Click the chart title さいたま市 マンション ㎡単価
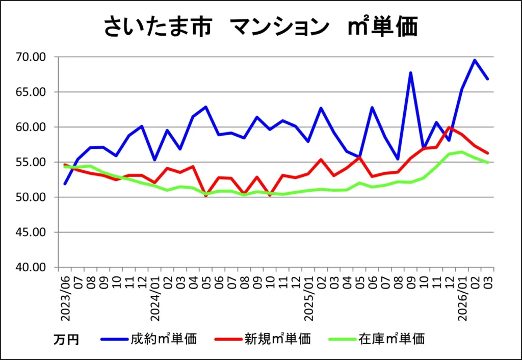260,27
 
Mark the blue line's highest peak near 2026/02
475,60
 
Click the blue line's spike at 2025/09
410,73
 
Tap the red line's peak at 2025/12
449,127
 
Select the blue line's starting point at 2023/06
65,183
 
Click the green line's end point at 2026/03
488,163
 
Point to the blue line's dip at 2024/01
155,160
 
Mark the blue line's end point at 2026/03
488,79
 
